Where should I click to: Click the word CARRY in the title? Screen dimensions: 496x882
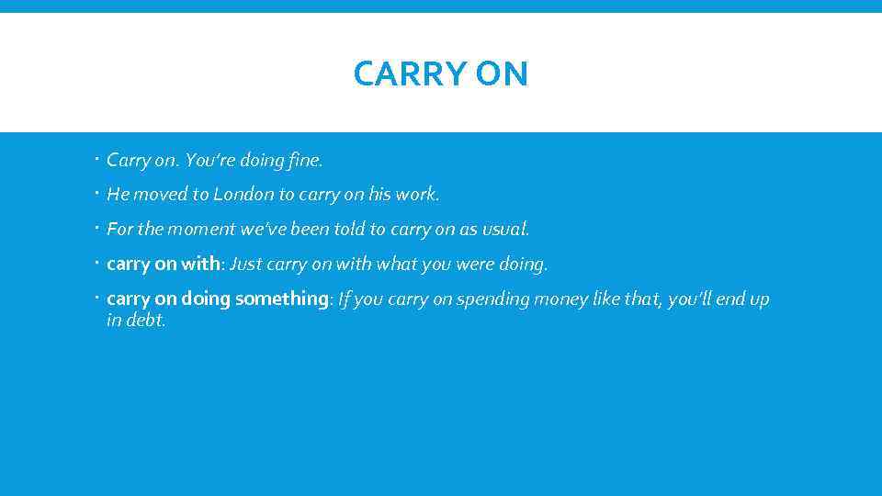399,74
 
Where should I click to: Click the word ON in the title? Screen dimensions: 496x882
502,74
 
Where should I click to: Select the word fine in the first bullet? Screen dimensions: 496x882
305,160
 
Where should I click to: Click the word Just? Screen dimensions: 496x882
246,265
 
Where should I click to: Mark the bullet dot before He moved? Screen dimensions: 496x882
97,195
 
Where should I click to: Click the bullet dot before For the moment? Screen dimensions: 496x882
97,229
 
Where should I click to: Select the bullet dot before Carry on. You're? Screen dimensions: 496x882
97,160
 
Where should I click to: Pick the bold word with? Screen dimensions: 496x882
201,265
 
